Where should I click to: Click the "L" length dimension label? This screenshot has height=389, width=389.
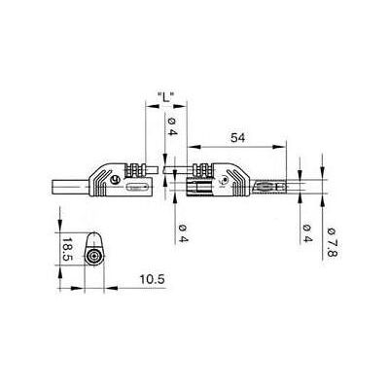pyautogui.click(x=165, y=97)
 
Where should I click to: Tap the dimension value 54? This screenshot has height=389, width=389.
pyautogui.click(x=237, y=138)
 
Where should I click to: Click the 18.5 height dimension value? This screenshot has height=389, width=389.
pyautogui.click(x=67, y=249)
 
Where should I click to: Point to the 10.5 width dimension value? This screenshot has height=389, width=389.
pyautogui.click(x=153, y=279)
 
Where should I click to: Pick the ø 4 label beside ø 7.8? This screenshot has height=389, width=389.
pyautogui.click(x=307, y=233)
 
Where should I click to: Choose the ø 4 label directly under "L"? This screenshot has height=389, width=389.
pyautogui.click(x=172, y=127)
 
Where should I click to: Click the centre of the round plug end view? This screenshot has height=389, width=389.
pyautogui.click(x=94, y=257)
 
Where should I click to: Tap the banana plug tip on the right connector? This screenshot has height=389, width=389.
pyautogui.click(x=271, y=187)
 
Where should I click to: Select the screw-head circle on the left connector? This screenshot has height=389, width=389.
pyautogui.click(x=115, y=180)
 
